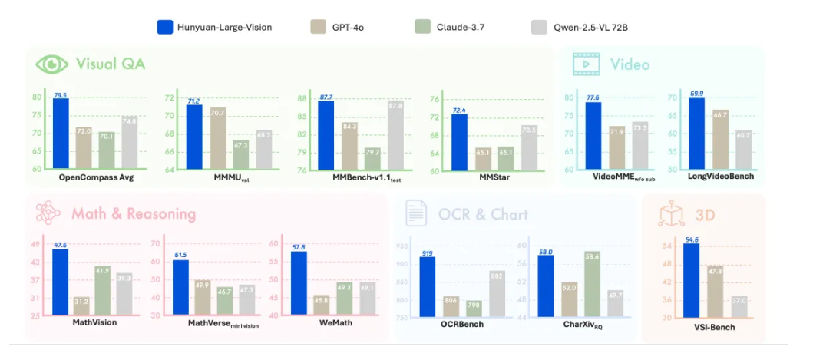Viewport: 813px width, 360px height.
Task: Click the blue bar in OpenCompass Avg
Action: [x=61, y=134]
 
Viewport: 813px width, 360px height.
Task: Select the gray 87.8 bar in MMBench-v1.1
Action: [x=396, y=135]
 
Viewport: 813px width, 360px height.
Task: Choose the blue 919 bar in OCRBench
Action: [x=428, y=287]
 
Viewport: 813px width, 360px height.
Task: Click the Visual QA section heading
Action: [x=110, y=63]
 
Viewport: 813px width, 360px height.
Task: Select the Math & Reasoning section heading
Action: [x=134, y=213]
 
